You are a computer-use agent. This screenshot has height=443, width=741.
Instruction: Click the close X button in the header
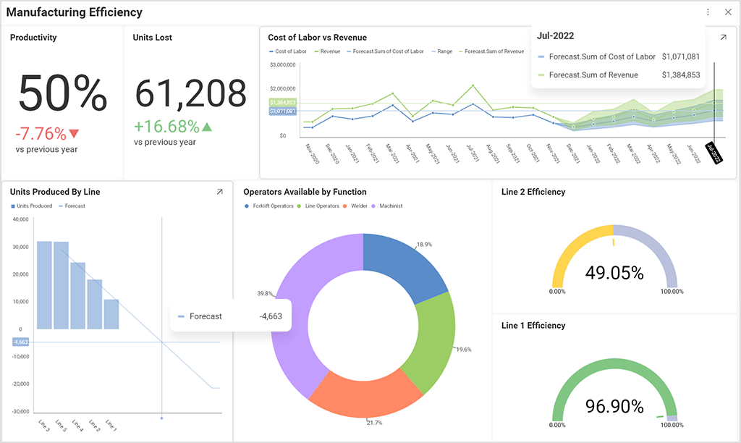728,12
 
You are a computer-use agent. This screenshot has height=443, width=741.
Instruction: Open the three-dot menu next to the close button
708,12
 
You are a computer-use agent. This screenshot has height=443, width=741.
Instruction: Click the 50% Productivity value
62,93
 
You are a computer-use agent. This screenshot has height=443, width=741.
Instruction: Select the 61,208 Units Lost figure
191,93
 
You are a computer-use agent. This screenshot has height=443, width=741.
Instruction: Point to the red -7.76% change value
41,134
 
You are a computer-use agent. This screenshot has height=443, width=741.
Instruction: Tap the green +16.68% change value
166,127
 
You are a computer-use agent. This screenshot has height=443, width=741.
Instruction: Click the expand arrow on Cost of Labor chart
723,38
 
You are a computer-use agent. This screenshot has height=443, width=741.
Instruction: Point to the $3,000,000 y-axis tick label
281,65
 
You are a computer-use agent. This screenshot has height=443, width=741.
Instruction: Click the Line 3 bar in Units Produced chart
44,284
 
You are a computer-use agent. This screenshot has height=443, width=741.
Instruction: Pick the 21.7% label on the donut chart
375,422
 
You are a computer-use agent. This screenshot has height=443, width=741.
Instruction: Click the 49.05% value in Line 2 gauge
614,273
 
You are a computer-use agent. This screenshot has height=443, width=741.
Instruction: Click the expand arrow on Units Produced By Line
219,192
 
